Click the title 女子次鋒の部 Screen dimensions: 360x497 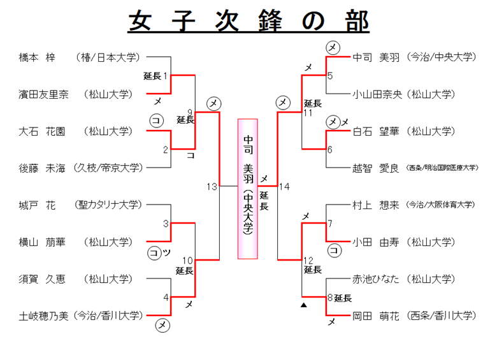tap(248, 21)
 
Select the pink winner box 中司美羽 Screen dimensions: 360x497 tap(248, 189)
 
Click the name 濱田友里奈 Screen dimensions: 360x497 tap(44, 94)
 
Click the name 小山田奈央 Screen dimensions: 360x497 tap(377, 94)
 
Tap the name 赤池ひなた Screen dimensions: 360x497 tap(377, 278)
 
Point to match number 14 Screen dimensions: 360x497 tap(284, 187)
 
